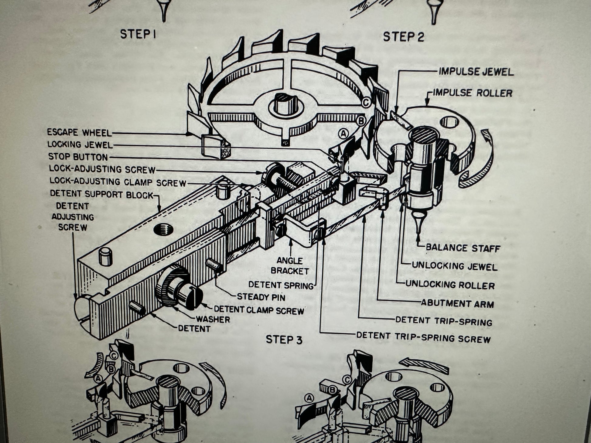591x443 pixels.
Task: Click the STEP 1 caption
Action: [x=138, y=34]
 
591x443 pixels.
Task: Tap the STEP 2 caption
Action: [x=403, y=37]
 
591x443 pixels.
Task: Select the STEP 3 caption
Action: [x=284, y=340]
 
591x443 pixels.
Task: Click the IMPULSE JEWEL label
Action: [x=476, y=72]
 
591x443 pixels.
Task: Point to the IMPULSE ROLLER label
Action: [x=472, y=93]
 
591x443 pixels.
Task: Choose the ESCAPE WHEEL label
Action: [x=80, y=133]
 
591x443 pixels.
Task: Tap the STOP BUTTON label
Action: [x=78, y=157]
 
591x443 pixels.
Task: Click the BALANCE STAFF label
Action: [x=463, y=248]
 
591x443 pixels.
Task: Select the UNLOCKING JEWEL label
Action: [x=454, y=266]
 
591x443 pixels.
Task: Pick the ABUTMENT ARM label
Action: [x=457, y=303]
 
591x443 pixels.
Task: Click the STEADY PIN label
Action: [x=261, y=297]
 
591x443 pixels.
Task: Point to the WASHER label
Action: [x=213, y=319]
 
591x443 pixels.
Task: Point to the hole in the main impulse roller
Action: [x=449, y=122]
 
